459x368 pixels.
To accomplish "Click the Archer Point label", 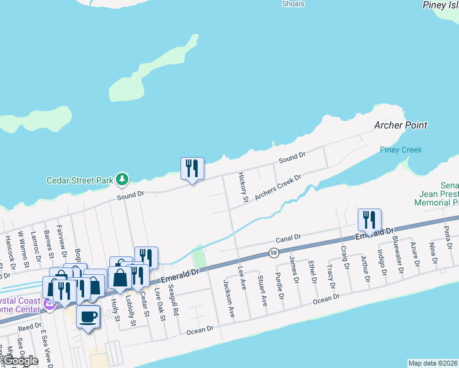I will pyautogui.click(x=401, y=125).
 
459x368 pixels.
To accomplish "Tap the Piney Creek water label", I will pyautogui.click(x=401, y=150).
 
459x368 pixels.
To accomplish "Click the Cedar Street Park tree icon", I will pyautogui.click(x=123, y=179).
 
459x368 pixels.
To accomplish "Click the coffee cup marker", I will pyautogui.click(x=88, y=316).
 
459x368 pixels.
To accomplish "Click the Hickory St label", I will pyautogui.click(x=244, y=187).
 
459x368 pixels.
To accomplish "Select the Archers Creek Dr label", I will pyautogui.click(x=278, y=187).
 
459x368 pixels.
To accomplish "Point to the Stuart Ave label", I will pyautogui.click(x=263, y=291).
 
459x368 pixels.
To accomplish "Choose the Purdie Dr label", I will pyautogui.click(x=280, y=284).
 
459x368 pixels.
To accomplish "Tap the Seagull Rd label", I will pyautogui.click(x=175, y=304).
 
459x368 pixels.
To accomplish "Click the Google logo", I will pyautogui.click(x=20, y=361).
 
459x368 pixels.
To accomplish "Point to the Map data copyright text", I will pyautogui.click(x=433, y=363).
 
